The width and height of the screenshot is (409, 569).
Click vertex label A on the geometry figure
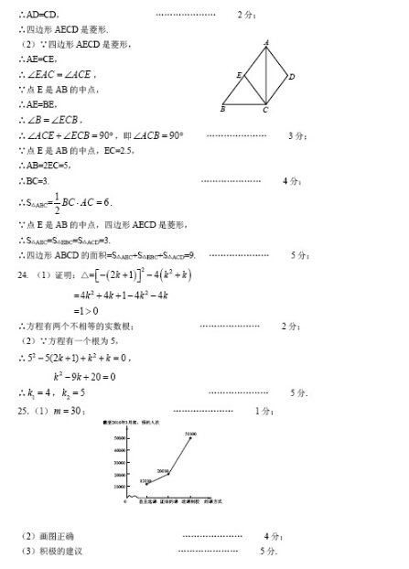point(266,43)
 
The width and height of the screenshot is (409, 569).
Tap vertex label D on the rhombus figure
point(291,78)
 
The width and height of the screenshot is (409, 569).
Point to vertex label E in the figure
point(238,75)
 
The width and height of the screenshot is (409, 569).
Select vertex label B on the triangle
point(221,110)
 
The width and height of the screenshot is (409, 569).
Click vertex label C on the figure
point(265,111)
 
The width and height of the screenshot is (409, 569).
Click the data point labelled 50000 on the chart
point(190,438)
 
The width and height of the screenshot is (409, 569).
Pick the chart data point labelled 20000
point(167,474)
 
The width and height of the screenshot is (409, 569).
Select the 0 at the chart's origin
point(124,501)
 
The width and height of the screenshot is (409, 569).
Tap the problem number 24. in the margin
point(24,274)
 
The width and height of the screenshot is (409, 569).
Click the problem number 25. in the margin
point(24,411)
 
